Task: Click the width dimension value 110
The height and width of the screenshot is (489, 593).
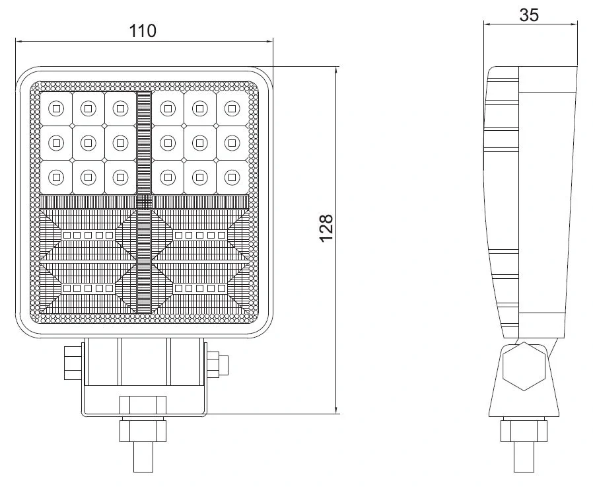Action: pos(143,30)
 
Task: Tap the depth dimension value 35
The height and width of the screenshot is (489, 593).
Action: pos(529,15)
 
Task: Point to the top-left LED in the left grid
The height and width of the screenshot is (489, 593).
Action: pos(56,106)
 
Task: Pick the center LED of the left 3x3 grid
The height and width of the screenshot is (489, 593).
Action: pos(88,141)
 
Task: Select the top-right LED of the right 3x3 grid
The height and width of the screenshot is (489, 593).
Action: pos(230,106)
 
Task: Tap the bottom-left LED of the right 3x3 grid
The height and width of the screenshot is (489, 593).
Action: pos(168,176)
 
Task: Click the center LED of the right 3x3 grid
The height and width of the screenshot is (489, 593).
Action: pos(199,141)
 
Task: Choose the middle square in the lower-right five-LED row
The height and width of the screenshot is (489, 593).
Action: pos(199,288)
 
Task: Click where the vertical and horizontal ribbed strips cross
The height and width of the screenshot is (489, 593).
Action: pos(145,202)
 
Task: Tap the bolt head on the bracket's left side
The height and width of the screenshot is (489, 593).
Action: pos(72,363)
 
